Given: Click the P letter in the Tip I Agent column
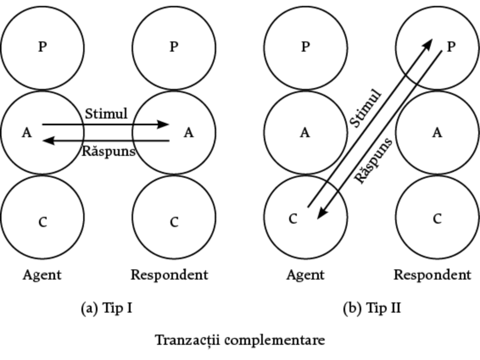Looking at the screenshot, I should pyautogui.click(x=42, y=47).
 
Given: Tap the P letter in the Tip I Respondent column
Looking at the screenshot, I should pyautogui.click(x=174, y=47).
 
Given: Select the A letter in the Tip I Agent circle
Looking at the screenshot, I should pyautogui.click(x=27, y=133).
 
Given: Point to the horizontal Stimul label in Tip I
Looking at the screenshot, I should pyautogui.click(x=106, y=114).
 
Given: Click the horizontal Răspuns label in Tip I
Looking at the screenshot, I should pyautogui.click(x=108, y=151).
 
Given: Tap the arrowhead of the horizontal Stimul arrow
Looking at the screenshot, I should pyautogui.click(x=164, y=124).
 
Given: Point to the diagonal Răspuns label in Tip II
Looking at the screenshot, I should pyautogui.click(x=373, y=161).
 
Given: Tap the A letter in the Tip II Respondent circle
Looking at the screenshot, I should pyautogui.click(x=437, y=133).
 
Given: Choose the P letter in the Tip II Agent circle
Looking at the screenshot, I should pyautogui.click(x=305, y=47).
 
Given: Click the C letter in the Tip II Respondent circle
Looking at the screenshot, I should pyautogui.click(x=437, y=219).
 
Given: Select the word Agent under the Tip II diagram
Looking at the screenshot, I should pyautogui.click(x=305, y=275).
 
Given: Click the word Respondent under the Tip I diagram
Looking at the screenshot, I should pyautogui.click(x=169, y=275).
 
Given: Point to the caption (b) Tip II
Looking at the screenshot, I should pyautogui.click(x=372, y=308).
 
